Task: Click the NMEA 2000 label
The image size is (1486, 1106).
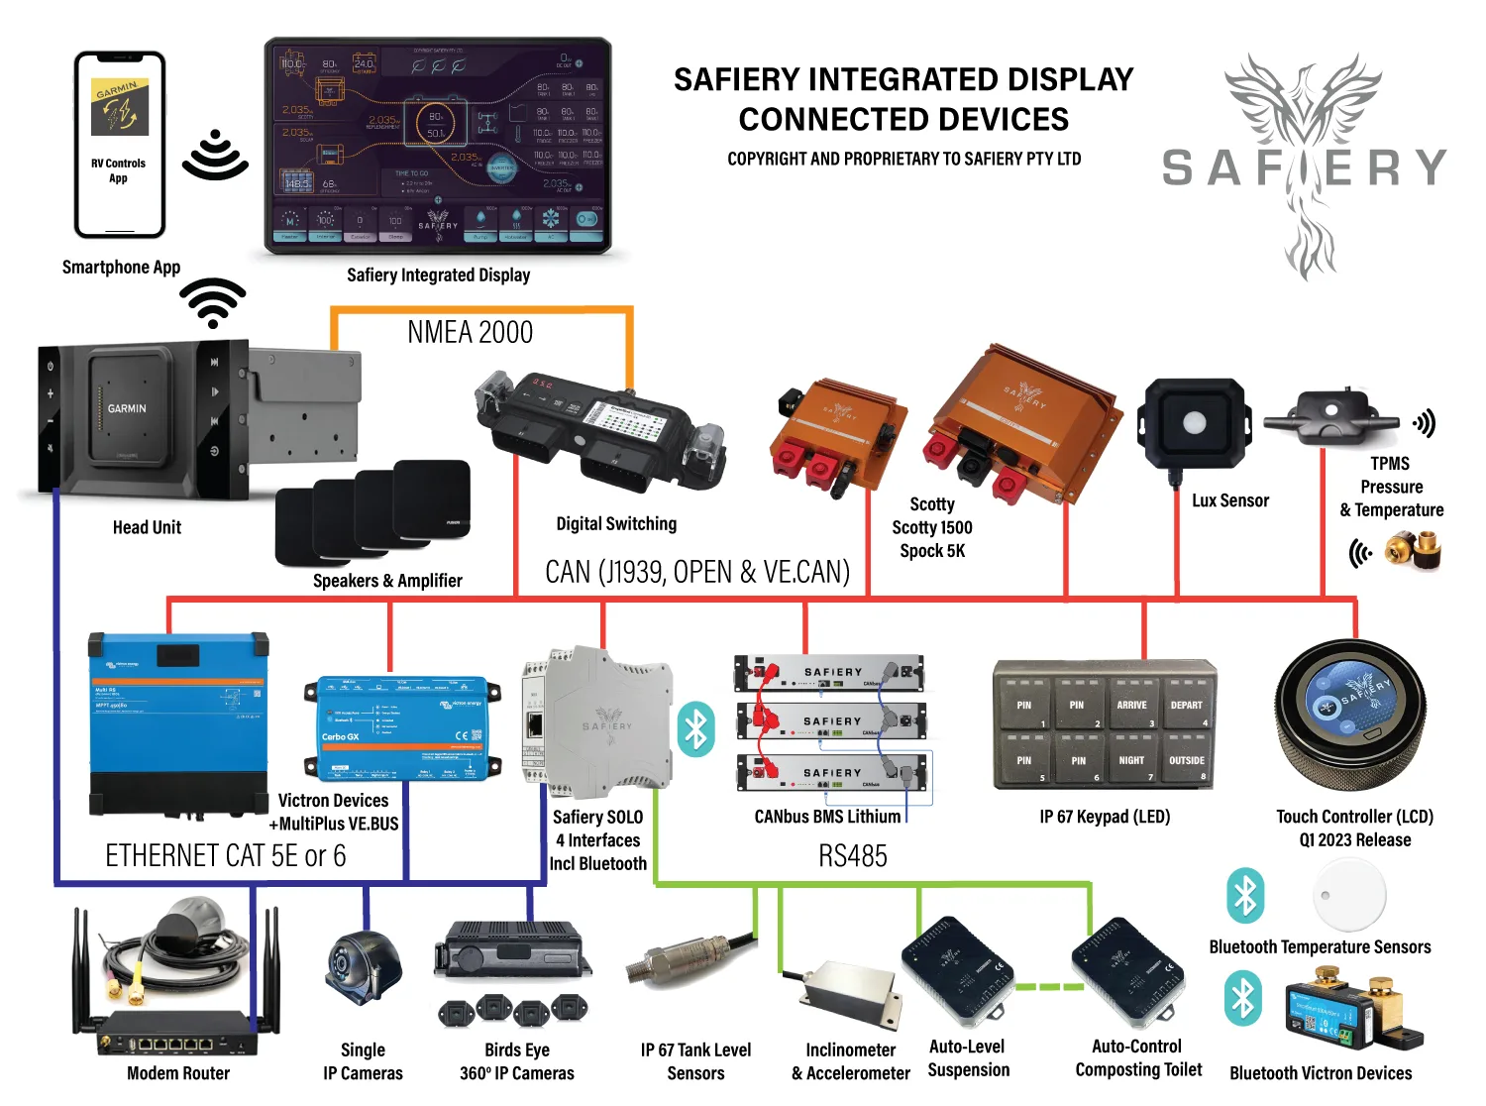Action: coord(470,332)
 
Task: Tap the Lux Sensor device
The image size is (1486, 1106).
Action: coord(1194,423)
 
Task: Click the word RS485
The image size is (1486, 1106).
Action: coord(852,856)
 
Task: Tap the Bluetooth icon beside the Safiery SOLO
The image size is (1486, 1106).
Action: coord(695,729)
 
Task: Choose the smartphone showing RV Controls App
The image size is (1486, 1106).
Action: coord(120,145)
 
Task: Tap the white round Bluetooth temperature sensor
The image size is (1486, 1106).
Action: coord(1348,894)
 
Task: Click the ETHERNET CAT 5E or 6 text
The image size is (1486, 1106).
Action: coord(226,856)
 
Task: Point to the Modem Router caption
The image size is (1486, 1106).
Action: coord(178,1073)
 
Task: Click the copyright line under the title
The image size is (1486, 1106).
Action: coord(903,159)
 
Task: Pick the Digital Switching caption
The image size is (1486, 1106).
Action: coord(616,524)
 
